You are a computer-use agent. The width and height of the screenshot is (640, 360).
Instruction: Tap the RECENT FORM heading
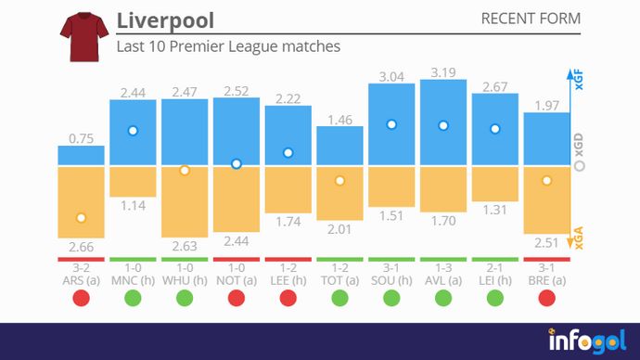531,19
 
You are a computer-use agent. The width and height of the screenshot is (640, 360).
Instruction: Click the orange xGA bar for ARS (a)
81,201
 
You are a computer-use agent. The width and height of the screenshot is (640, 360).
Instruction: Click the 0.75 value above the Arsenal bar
81,138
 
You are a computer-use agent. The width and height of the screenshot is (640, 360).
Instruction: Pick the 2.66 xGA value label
81,247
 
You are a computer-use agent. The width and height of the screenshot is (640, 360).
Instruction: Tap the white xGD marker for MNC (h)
133,131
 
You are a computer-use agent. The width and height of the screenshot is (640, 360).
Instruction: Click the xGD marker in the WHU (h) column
185,171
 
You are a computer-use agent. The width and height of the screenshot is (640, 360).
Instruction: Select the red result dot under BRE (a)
547,298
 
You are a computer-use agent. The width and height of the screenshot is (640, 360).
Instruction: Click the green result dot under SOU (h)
391,298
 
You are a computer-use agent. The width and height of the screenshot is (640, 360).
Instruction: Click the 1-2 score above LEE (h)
288,267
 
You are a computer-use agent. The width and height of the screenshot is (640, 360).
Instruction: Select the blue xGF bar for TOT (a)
339,147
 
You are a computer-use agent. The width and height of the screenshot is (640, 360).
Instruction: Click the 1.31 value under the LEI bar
495,210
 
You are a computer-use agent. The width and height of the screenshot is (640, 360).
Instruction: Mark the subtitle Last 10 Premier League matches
228,45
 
